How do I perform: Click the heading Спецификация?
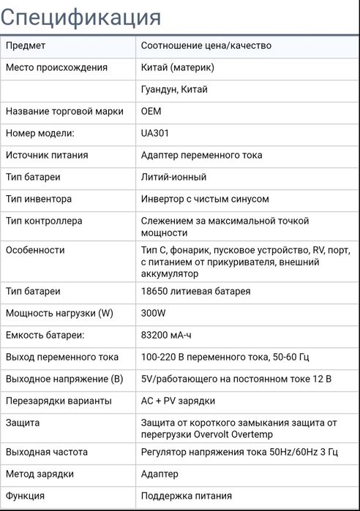pos(80,16)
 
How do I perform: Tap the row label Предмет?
pos(26,45)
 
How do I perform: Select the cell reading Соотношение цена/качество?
pos(206,45)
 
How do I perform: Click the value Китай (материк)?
pos(177,67)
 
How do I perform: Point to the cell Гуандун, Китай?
pos(174,89)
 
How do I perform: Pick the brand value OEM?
pos(151,111)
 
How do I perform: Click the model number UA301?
pos(154,133)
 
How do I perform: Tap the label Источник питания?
pos(47,155)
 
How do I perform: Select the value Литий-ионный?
pos(173,177)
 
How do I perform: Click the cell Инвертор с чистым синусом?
pos(205,199)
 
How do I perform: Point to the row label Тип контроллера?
pos(44,221)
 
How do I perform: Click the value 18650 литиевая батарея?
pos(195,291)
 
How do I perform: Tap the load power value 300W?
pos(154,313)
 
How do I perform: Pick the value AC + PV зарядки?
pos(178,401)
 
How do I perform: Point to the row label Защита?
pos(23,423)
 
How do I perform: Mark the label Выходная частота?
pos(47,452)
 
